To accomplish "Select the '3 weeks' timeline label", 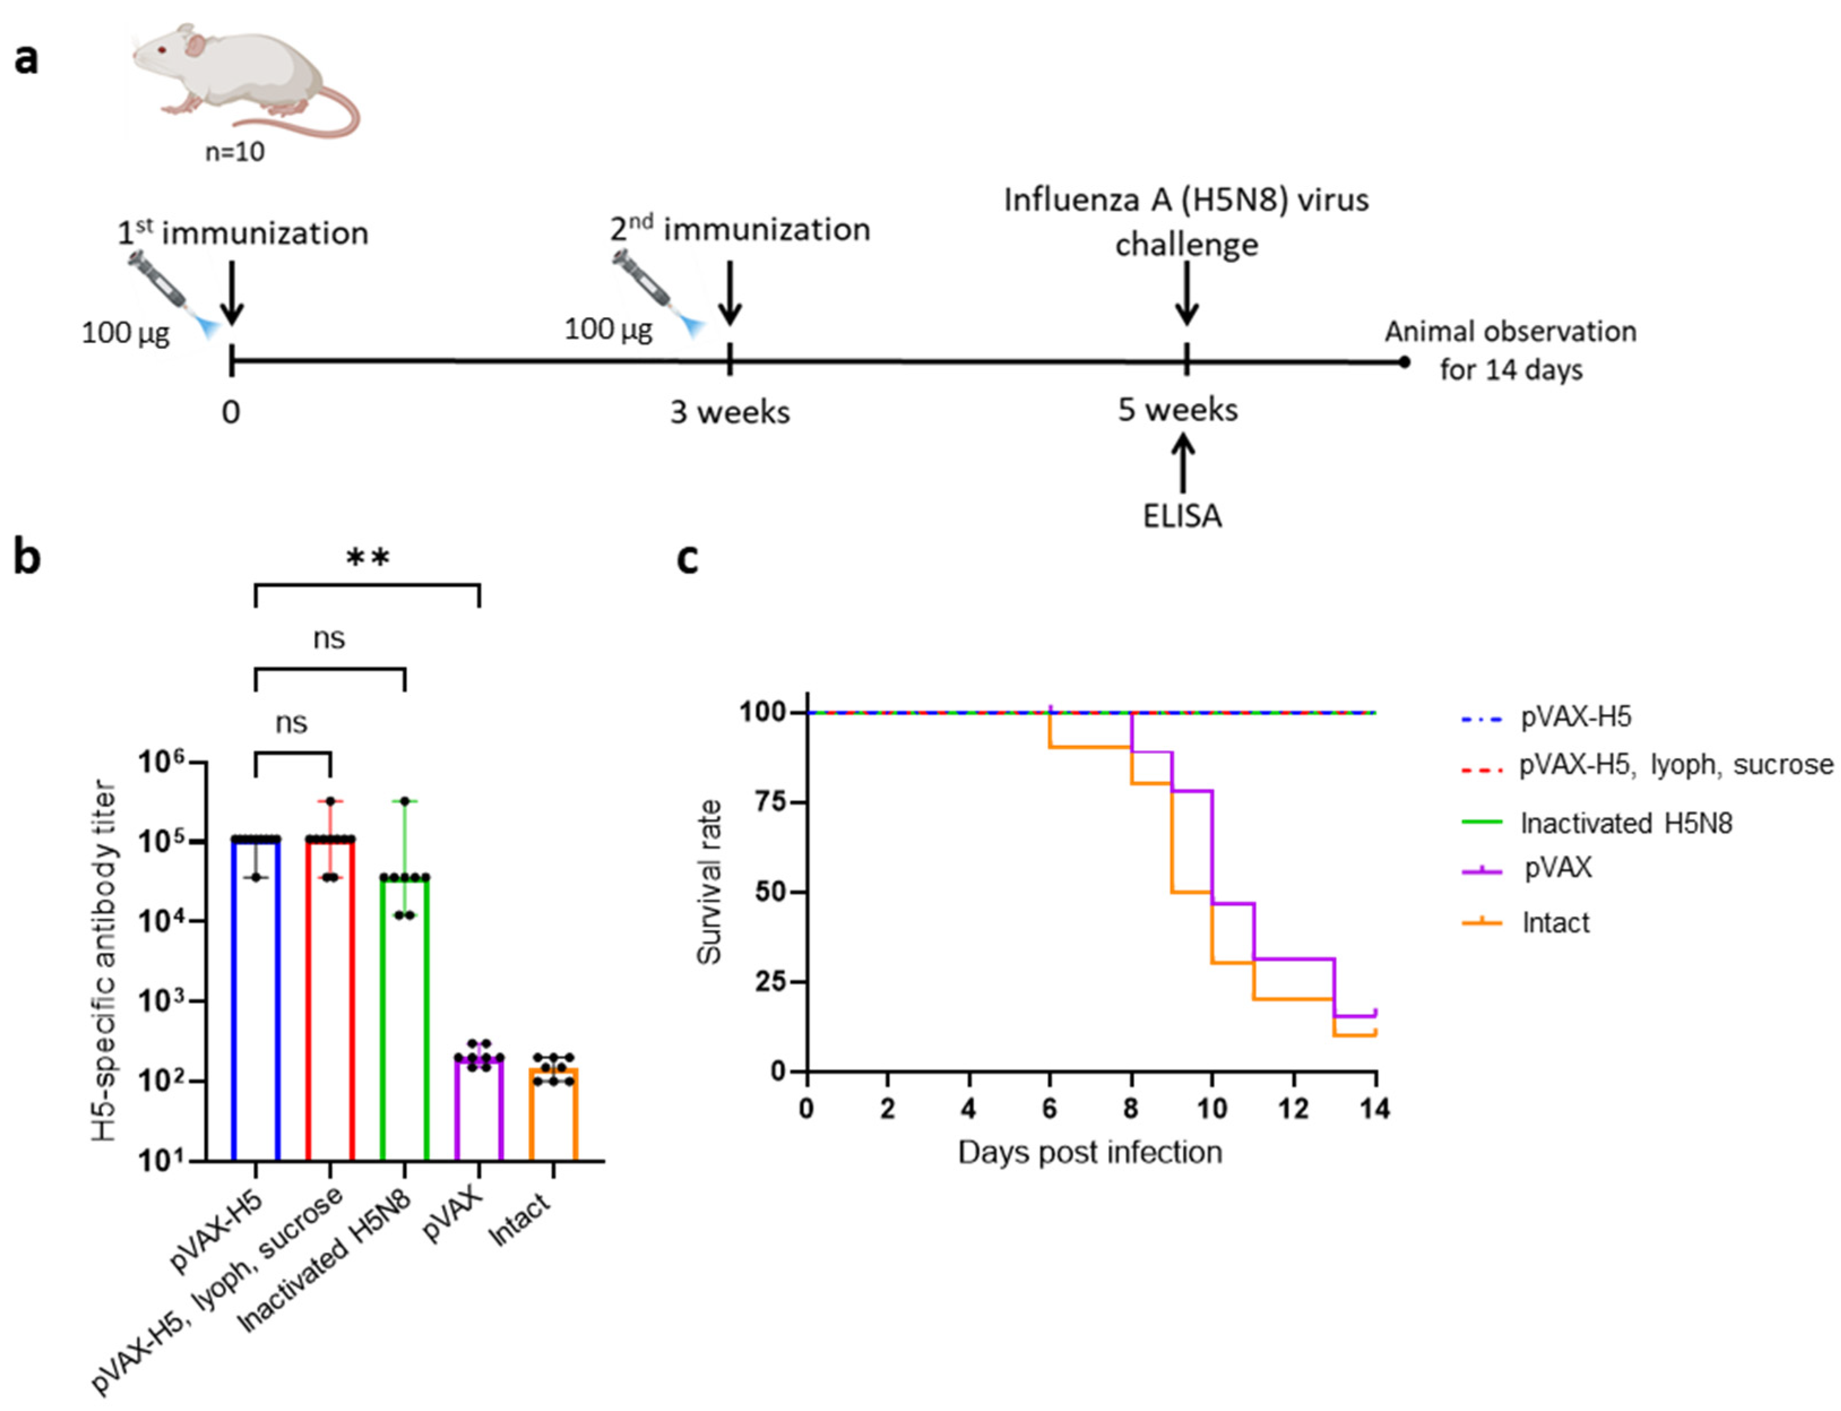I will point(729,412).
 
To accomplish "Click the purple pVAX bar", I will point(479,1109).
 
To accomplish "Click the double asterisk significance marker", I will point(368,559).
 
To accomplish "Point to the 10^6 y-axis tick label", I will point(163,763).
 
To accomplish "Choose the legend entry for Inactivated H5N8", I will point(1625,823).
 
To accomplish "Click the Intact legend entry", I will point(1554,923).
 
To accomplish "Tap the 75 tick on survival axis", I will point(768,802).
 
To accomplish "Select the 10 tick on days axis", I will point(1212,1109).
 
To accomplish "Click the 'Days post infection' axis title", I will point(1090,1152).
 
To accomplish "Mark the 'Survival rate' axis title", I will point(710,882).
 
